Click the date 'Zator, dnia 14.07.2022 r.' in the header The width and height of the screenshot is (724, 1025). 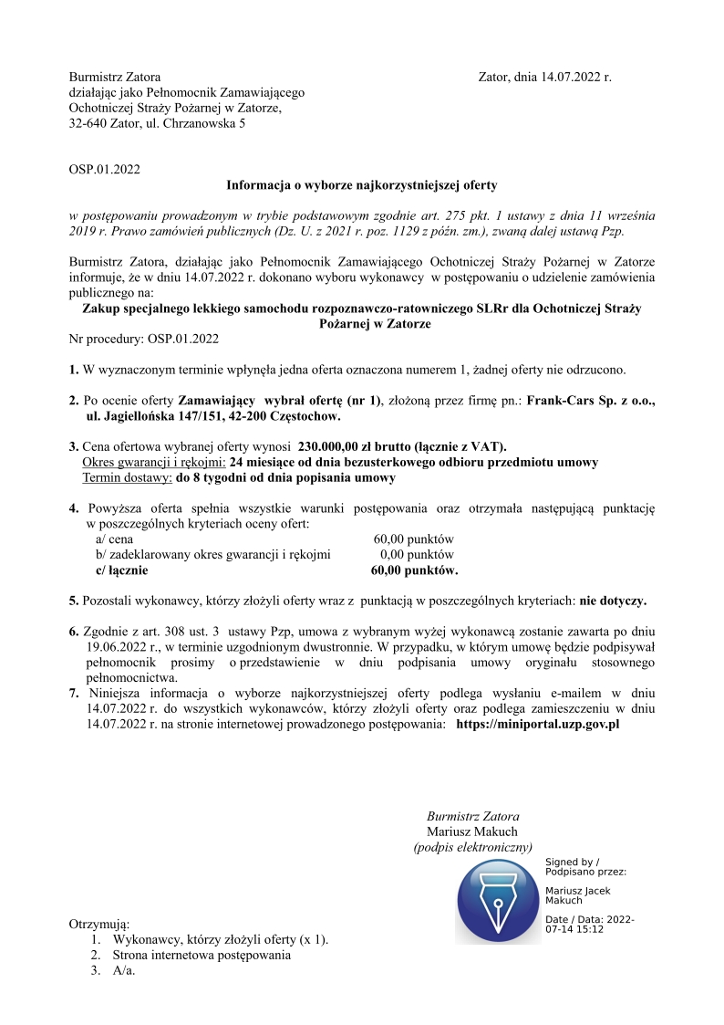pos(544,78)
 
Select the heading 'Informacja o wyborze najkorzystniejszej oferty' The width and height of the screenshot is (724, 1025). pos(362,184)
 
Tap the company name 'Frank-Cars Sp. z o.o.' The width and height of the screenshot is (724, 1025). pos(591,401)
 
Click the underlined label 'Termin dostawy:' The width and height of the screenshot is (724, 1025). pos(128,477)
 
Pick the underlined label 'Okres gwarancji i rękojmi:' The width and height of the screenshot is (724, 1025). pos(154,462)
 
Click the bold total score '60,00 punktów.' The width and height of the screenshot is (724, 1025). pos(414,570)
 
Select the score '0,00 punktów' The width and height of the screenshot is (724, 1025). pos(417,554)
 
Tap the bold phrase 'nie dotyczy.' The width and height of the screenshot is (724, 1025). pos(613,601)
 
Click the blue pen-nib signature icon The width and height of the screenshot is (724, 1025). pos(499,901)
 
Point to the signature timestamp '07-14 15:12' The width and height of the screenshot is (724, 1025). pos(574,929)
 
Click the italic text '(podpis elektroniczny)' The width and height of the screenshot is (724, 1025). pos(472,847)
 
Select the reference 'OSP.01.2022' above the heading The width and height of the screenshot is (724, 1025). pos(105,169)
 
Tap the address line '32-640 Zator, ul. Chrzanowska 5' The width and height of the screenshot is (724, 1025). pos(157,123)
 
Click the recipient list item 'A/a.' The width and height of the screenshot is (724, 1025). pos(124,971)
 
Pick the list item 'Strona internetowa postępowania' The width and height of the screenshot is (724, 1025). pos(202,955)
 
